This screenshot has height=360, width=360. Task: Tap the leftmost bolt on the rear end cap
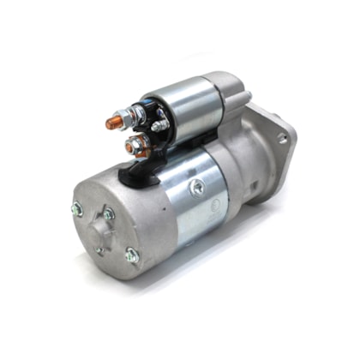coord(76,207)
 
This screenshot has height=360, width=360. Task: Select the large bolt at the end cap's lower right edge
coord(131,253)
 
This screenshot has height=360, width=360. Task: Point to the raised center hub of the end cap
coord(102,231)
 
